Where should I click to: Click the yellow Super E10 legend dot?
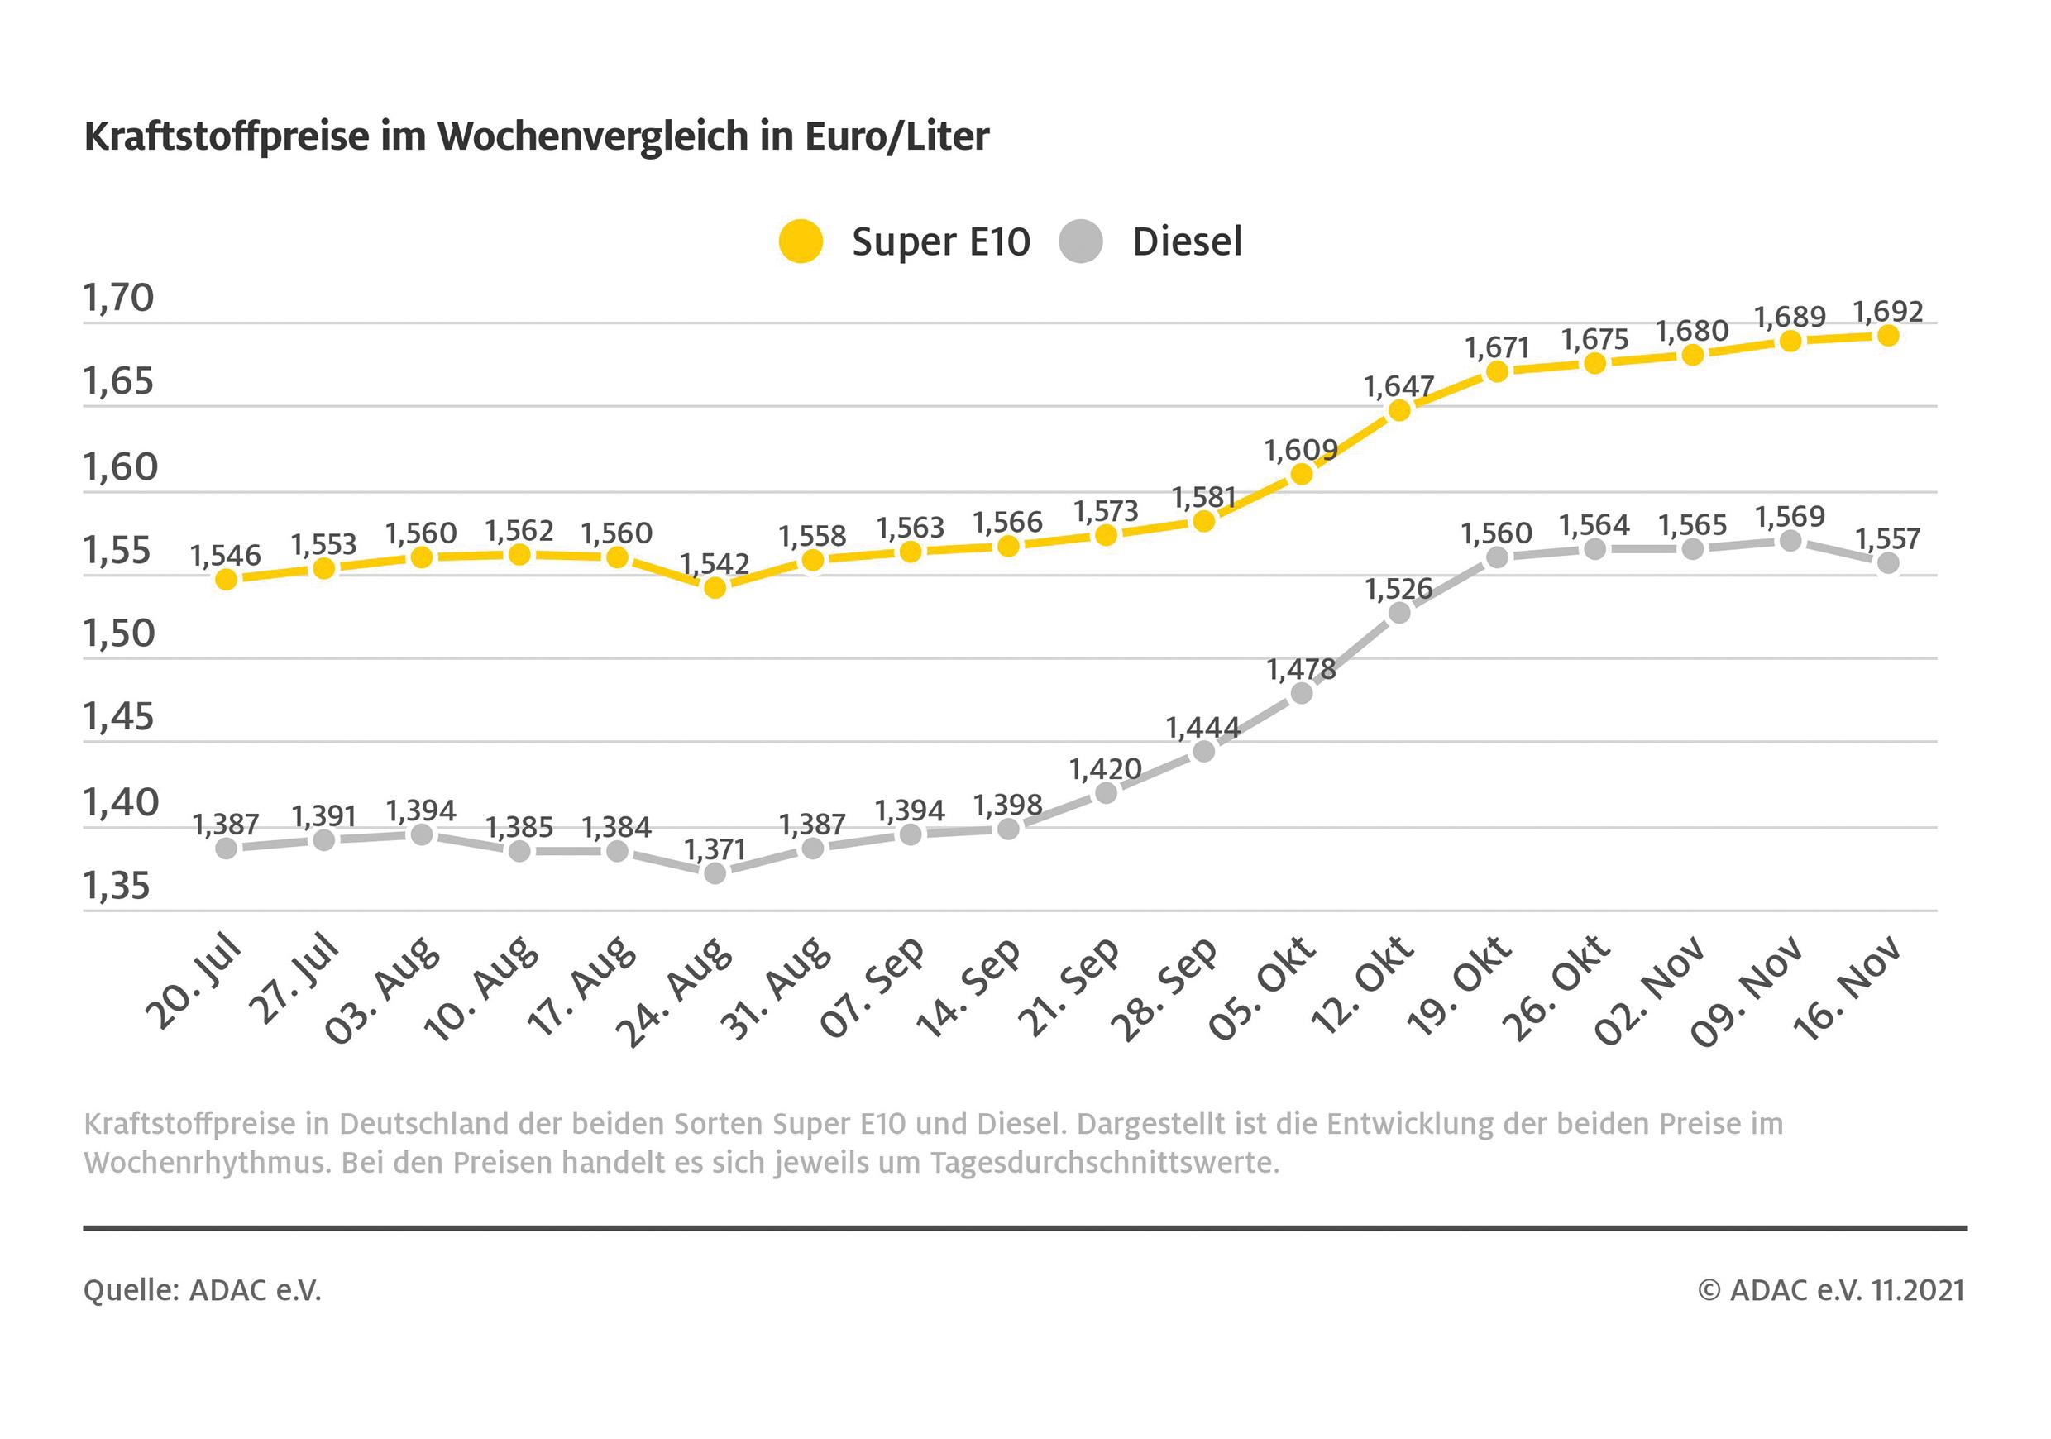pos(801,241)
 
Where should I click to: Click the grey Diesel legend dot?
pos(1081,241)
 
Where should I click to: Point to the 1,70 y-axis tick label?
pos(119,298)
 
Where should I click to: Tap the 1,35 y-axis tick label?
pos(117,886)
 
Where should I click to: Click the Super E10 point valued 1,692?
pos(1887,336)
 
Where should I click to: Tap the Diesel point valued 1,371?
pos(715,872)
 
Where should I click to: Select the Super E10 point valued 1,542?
pos(715,588)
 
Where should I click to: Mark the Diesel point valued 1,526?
pos(1400,613)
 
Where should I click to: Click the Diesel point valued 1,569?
pos(1790,540)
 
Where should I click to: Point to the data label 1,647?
pos(1398,387)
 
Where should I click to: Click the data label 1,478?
pos(1301,669)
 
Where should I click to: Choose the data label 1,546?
pos(226,556)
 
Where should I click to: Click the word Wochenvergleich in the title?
pos(593,136)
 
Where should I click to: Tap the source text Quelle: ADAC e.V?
pos(202,1290)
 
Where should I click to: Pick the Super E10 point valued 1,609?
pos(1302,473)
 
